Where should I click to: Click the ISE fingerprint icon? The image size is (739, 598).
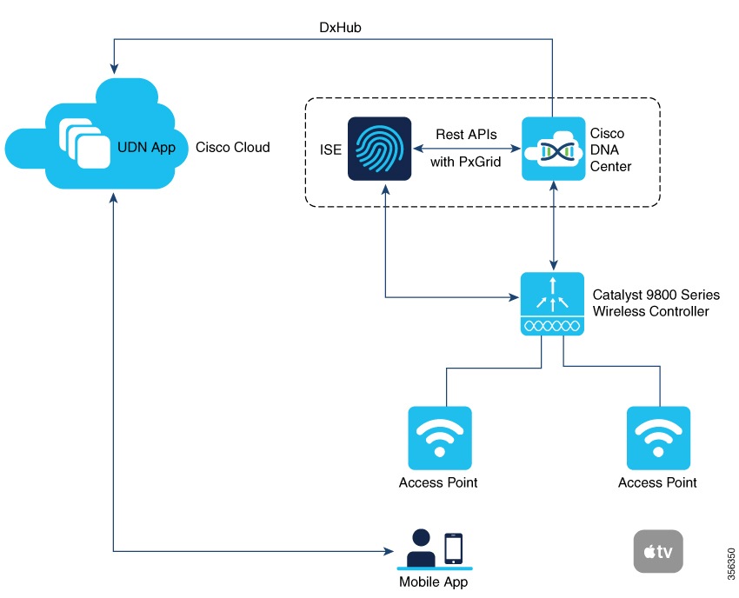pos(379,149)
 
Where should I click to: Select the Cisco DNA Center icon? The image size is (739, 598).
pos(553,149)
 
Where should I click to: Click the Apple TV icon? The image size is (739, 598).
pos(658,551)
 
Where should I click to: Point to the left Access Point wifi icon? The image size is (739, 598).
pos(440,437)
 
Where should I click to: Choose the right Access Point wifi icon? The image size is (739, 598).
pos(658,437)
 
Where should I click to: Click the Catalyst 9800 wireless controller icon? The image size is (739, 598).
pos(552,304)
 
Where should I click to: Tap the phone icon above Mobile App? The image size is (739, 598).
pos(452,548)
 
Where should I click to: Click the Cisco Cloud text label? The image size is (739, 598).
pos(233,147)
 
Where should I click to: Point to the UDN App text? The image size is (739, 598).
pos(147,147)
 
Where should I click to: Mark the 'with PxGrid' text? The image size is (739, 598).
pos(466,161)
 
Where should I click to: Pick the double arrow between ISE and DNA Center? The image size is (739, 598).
pos(466,148)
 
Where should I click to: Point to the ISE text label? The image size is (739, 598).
pos(330,149)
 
